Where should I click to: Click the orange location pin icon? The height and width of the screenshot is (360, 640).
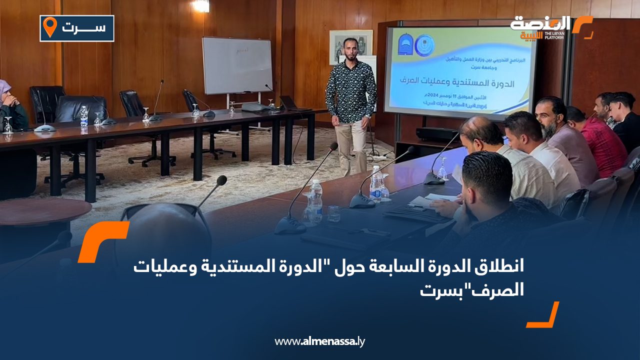click(49, 27)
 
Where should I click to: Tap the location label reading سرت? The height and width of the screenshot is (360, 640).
click(83, 28)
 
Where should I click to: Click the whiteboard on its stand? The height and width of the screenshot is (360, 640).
click(237, 65)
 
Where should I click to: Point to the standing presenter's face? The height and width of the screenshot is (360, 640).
click(351, 50)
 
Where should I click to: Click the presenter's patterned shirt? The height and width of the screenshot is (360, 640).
click(351, 90)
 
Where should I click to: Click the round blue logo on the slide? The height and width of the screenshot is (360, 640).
click(425, 45)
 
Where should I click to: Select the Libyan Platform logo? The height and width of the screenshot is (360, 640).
click(550, 27)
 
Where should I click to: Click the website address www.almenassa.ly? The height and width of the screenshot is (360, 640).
click(320, 341)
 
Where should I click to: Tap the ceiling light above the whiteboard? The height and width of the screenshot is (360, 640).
click(201, 5)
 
